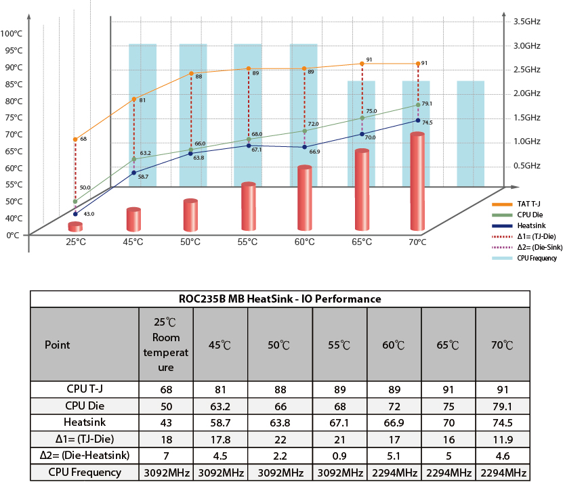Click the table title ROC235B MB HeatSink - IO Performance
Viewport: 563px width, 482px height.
pos(279,299)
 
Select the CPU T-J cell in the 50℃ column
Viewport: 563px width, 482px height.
pos(279,390)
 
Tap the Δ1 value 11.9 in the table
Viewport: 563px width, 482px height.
pos(503,439)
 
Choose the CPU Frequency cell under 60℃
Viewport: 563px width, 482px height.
pos(394,472)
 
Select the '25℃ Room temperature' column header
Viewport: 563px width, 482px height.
pos(165,345)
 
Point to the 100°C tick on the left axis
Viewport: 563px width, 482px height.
pos(12,33)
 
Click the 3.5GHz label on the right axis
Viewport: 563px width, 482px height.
pos(526,22)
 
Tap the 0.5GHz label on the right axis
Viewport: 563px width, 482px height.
pos(526,165)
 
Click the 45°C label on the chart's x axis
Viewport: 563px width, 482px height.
pos(133,242)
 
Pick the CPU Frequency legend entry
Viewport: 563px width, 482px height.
pos(536,258)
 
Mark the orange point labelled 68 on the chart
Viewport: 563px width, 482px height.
pos(75,139)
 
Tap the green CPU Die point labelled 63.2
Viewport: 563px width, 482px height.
pos(134,159)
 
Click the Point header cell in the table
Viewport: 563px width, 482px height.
pos(58,345)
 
